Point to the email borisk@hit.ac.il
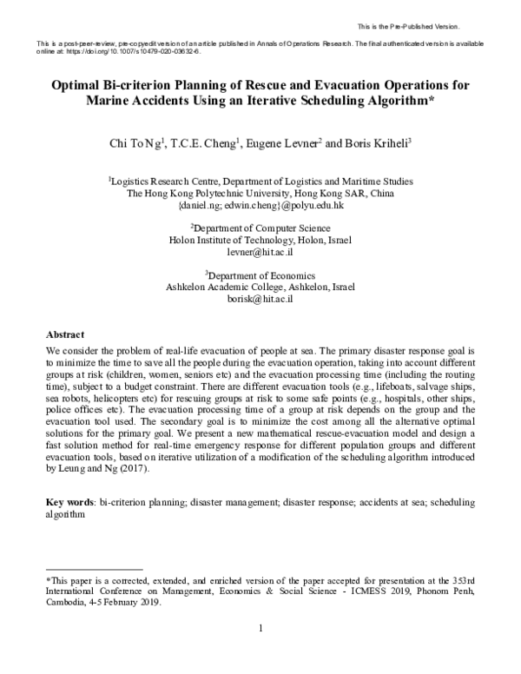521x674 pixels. coord(260,298)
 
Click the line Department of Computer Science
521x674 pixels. coord(260,225)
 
